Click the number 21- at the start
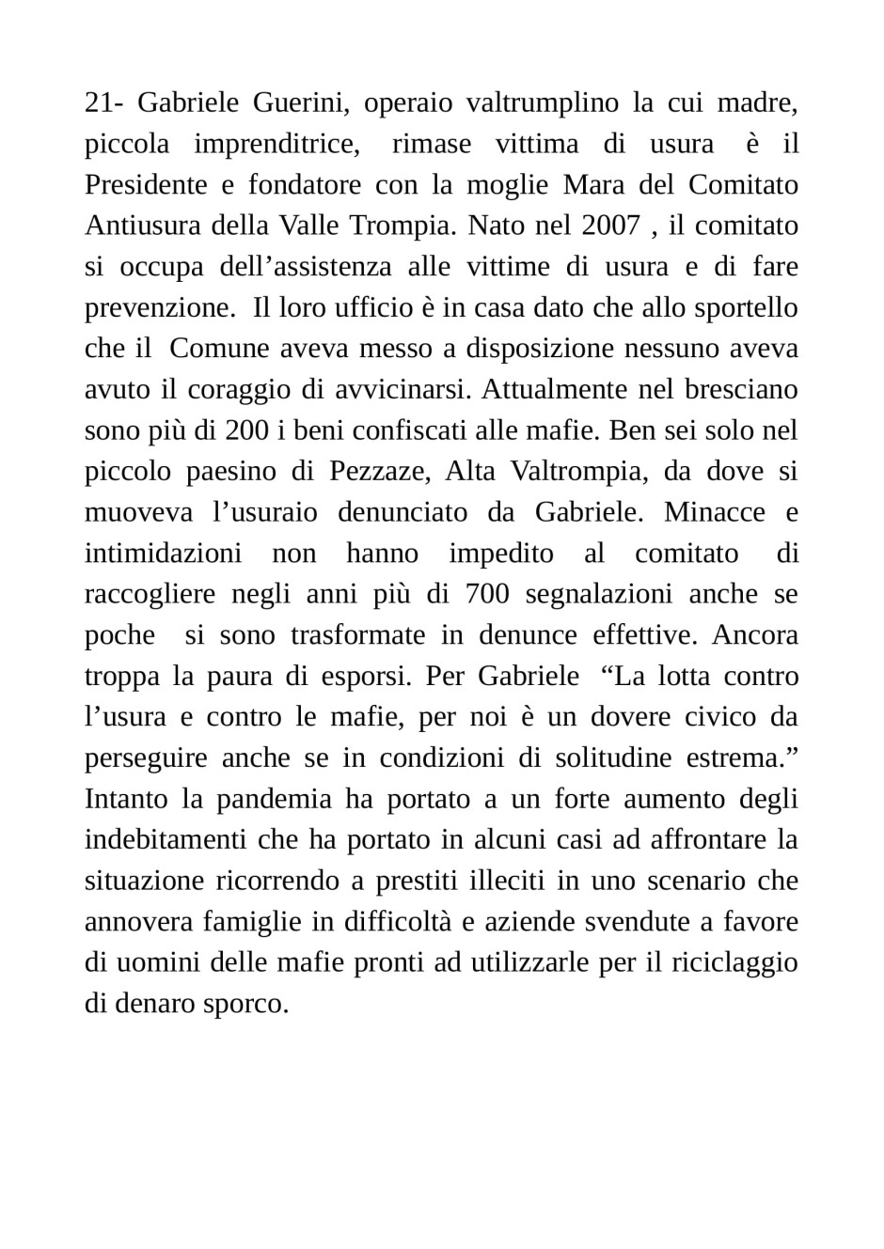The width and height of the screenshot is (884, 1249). [x=103, y=102]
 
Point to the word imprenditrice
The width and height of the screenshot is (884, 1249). [x=276, y=144]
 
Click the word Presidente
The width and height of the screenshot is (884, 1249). [x=146, y=184]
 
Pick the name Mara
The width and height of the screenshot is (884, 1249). [x=592, y=184]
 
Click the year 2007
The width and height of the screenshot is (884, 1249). [x=610, y=226]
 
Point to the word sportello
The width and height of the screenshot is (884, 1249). [x=749, y=307]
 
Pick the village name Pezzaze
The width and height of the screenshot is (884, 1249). [x=378, y=472]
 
